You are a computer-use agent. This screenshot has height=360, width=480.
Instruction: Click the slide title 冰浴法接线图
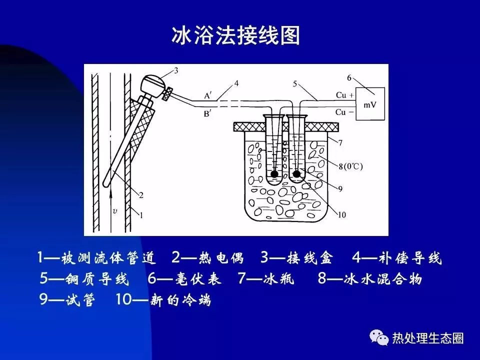point(235,35)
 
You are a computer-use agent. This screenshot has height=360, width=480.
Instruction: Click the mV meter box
point(370,103)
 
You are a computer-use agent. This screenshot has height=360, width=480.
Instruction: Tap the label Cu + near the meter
point(344,95)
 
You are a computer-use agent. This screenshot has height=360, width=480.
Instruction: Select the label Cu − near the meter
point(344,112)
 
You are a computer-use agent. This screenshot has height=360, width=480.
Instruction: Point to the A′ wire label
point(208,96)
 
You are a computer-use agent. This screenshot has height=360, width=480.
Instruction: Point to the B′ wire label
point(208,114)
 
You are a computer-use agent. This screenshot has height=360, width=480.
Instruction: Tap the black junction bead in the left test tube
point(274,174)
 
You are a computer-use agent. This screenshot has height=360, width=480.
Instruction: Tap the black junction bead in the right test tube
point(296,174)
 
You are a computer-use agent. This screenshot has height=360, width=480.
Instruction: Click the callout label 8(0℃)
point(350,166)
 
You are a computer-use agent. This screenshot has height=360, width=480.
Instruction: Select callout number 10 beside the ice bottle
point(341,215)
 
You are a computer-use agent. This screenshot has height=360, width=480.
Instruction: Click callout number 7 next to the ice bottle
point(340,142)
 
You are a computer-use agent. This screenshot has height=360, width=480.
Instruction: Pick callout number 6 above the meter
point(349,78)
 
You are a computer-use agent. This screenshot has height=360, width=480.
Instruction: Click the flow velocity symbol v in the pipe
point(115,211)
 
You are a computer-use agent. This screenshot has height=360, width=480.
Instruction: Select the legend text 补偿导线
point(410,258)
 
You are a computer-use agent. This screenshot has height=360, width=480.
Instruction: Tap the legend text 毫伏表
point(198,278)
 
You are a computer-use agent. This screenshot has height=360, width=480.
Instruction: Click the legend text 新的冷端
point(180,299)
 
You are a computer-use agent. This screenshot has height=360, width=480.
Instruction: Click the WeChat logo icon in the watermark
point(379,337)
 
